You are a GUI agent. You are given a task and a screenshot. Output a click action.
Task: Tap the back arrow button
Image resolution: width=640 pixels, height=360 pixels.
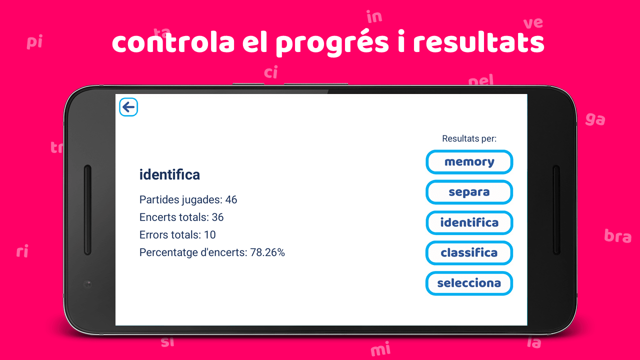click(x=128, y=107)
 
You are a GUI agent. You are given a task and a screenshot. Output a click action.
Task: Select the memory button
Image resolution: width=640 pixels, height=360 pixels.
click(x=469, y=162)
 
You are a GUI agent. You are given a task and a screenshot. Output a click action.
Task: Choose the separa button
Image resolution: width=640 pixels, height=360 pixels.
click(x=469, y=192)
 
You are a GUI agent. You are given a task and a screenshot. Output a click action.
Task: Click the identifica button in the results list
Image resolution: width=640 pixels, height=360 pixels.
click(x=469, y=222)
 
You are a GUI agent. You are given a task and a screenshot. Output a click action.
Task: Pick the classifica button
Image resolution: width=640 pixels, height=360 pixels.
click(x=469, y=253)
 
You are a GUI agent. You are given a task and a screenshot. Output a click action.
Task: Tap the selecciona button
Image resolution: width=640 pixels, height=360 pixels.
click(x=469, y=283)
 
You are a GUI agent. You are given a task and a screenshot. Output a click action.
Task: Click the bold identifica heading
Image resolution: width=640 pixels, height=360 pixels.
click(x=169, y=174)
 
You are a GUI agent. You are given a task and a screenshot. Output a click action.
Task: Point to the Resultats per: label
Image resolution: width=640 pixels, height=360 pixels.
click(x=469, y=138)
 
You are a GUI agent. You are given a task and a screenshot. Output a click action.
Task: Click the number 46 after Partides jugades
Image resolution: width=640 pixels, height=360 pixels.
click(x=231, y=199)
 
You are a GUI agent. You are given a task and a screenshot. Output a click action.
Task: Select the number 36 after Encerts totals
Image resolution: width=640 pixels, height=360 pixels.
click(x=217, y=217)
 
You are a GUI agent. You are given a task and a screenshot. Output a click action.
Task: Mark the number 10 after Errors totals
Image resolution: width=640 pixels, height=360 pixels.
click(x=210, y=235)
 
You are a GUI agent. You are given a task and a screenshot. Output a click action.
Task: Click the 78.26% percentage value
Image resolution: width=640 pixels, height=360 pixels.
click(x=267, y=252)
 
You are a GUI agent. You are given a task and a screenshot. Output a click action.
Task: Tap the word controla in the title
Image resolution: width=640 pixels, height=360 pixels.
click(x=173, y=43)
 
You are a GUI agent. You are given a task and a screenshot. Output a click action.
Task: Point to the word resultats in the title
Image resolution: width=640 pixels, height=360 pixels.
click(x=478, y=43)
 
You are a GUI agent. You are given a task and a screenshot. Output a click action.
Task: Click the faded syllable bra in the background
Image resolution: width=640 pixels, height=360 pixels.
click(x=617, y=236)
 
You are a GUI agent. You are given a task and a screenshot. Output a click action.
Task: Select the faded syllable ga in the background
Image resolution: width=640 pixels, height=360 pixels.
click(x=595, y=119)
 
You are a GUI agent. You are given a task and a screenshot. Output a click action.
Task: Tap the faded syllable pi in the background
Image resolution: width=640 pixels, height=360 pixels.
click(x=34, y=41)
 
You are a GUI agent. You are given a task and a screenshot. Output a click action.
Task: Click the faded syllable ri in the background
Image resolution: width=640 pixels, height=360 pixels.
click(x=22, y=251)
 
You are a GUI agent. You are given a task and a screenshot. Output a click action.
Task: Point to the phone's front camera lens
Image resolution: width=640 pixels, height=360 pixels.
click(x=87, y=284)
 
